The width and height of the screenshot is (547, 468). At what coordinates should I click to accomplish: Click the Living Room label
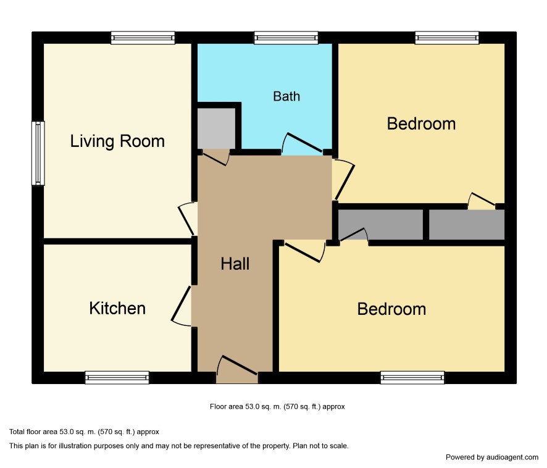tap(117, 141)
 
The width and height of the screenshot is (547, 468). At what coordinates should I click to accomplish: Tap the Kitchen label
tap(117, 308)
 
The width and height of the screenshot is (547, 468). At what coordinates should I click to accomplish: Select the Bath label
tap(286, 96)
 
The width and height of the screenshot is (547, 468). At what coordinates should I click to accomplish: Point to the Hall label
tap(235, 264)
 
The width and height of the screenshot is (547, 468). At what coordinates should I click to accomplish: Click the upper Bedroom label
tap(422, 124)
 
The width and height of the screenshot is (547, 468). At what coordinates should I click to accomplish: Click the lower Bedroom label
tap(392, 309)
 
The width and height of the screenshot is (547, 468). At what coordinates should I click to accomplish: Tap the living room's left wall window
tap(38, 153)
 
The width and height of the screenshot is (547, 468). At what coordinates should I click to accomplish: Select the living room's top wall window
tap(143, 38)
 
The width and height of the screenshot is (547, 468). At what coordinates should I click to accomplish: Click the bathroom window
tap(286, 38)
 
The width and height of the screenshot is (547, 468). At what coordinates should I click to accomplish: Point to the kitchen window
tap(117, 378)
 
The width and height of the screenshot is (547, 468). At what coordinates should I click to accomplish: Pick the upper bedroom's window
tap(447, 38)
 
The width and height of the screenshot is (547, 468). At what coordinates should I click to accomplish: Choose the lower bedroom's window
tap(412, 378)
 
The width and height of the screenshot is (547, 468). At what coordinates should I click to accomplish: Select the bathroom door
tap(302, 143)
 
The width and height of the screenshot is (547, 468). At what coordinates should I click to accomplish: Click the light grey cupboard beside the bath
tap(216, 128)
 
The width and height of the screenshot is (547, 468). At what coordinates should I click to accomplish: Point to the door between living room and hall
tap(186, 220)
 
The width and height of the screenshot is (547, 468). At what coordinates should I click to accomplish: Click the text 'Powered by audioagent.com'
tap(492, 457)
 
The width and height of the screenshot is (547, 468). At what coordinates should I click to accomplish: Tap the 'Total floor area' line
tap(84, 432)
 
